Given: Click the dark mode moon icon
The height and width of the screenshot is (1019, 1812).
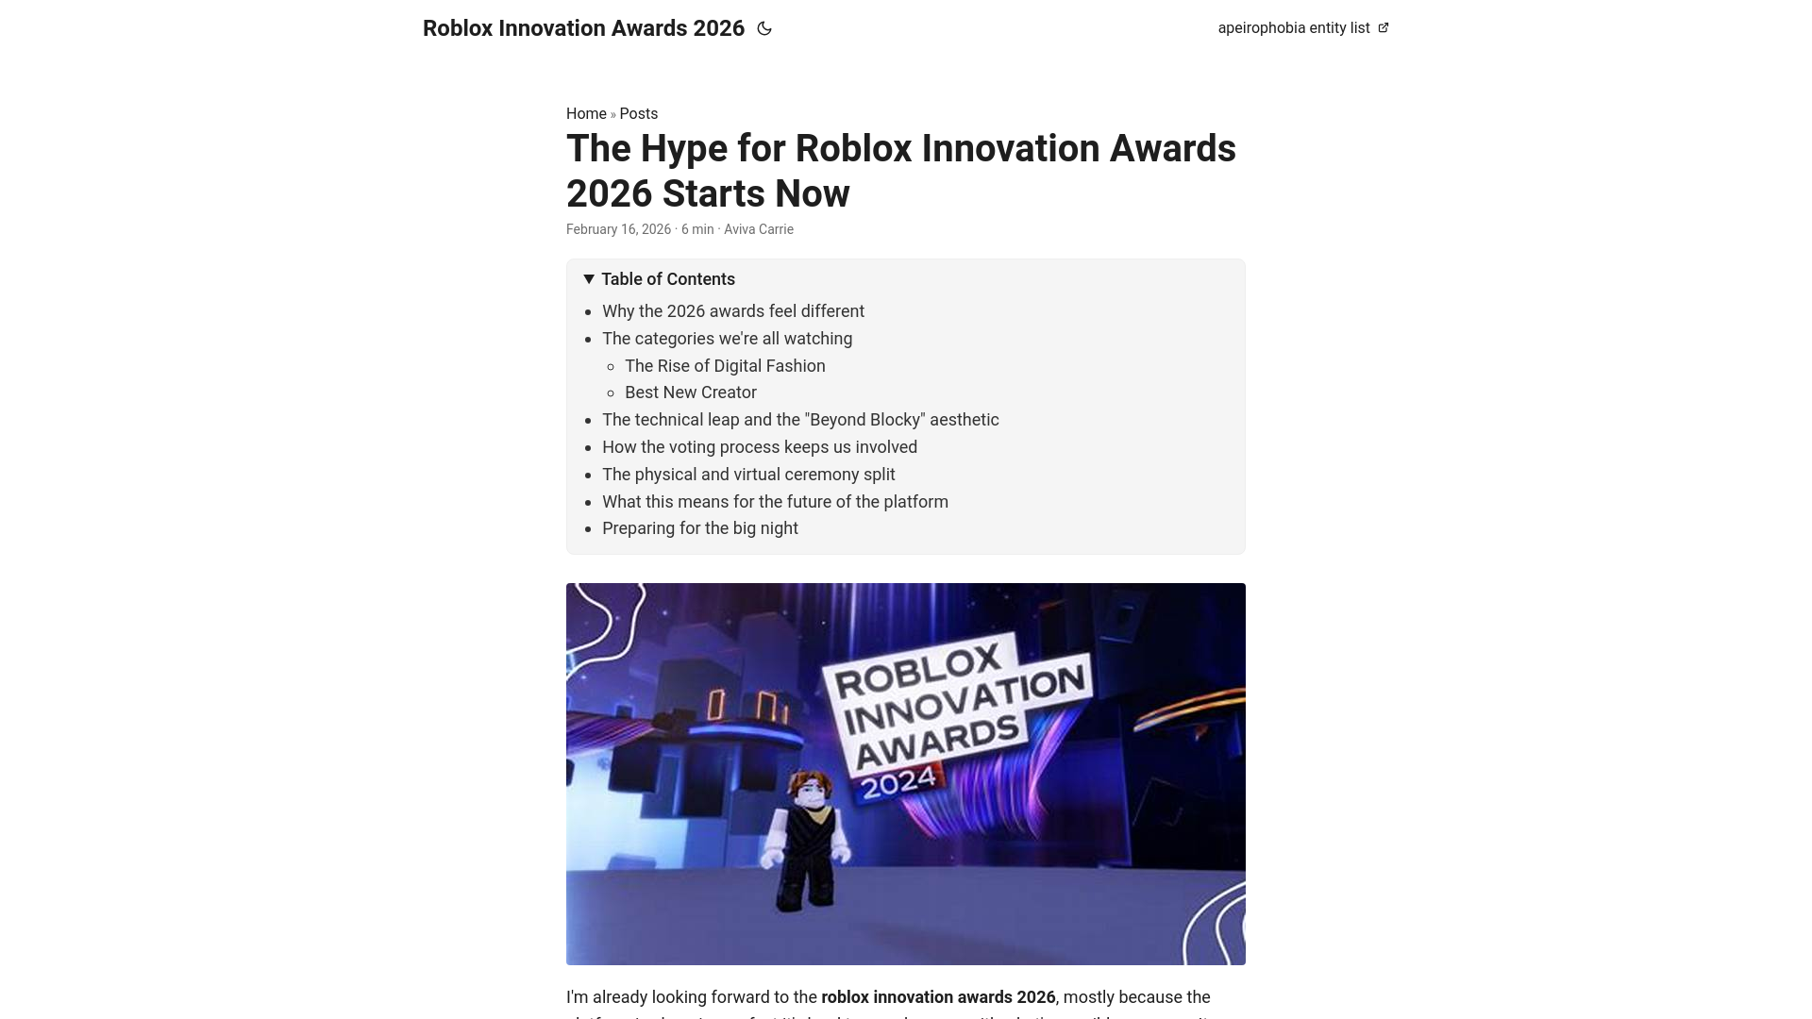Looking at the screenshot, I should [x=764, y=28].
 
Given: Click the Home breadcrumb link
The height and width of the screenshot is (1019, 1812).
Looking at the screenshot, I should [x=586, y=114].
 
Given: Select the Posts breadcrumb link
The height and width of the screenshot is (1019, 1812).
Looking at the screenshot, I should [x=639, y=114].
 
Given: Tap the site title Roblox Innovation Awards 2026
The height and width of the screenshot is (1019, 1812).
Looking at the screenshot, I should [x=583, y=28].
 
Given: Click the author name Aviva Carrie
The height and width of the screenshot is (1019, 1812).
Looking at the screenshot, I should [x=759, y=229].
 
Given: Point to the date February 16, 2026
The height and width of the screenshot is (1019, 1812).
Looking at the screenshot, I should [x=618, y=229].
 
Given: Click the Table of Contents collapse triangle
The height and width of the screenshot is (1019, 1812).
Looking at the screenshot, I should [x=589, y=279].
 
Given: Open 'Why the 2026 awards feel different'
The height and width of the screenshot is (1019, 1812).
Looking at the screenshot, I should [x=733, y=311].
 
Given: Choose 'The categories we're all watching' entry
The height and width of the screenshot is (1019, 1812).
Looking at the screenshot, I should [x=727, y=339].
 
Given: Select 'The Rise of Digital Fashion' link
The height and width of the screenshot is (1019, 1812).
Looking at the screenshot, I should [x=725, y=366].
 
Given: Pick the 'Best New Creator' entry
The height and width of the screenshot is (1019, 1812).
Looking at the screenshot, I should [x=691, y=393].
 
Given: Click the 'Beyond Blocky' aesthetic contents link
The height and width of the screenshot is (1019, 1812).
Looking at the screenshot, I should [x=800, y=420].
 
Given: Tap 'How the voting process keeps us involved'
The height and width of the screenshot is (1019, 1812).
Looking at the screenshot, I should [x=760, y=447].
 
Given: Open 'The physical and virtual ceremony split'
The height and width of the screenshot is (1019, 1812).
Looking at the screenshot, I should [x=748, y=475].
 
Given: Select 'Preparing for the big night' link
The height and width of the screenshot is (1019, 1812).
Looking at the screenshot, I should [x=700, y=528].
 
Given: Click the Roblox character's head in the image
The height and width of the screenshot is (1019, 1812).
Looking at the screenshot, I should [x=811, y=788].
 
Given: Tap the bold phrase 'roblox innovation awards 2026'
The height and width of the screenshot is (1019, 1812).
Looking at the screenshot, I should [x=938, y=997].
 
